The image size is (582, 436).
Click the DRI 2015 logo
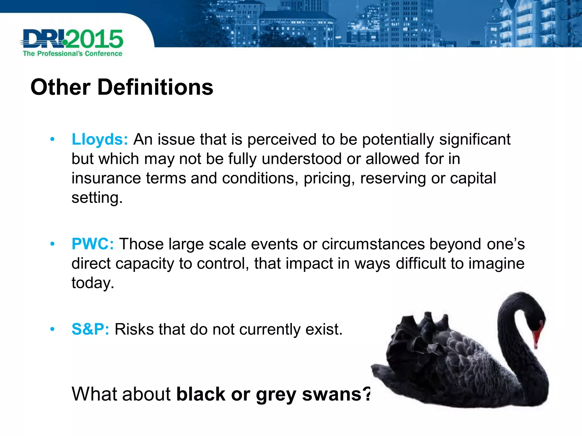click(72, 39)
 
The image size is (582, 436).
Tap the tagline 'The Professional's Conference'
click(72, 54)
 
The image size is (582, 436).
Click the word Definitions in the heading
click(155, 87)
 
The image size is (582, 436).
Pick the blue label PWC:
click(93, 244)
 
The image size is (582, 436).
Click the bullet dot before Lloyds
click(52, 139)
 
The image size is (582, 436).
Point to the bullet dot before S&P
click(52, 329)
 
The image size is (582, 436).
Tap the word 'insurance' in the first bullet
click(106, 178)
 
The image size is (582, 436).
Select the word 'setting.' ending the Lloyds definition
click(97, 198)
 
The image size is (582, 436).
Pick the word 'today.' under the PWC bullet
click(93, 283)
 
